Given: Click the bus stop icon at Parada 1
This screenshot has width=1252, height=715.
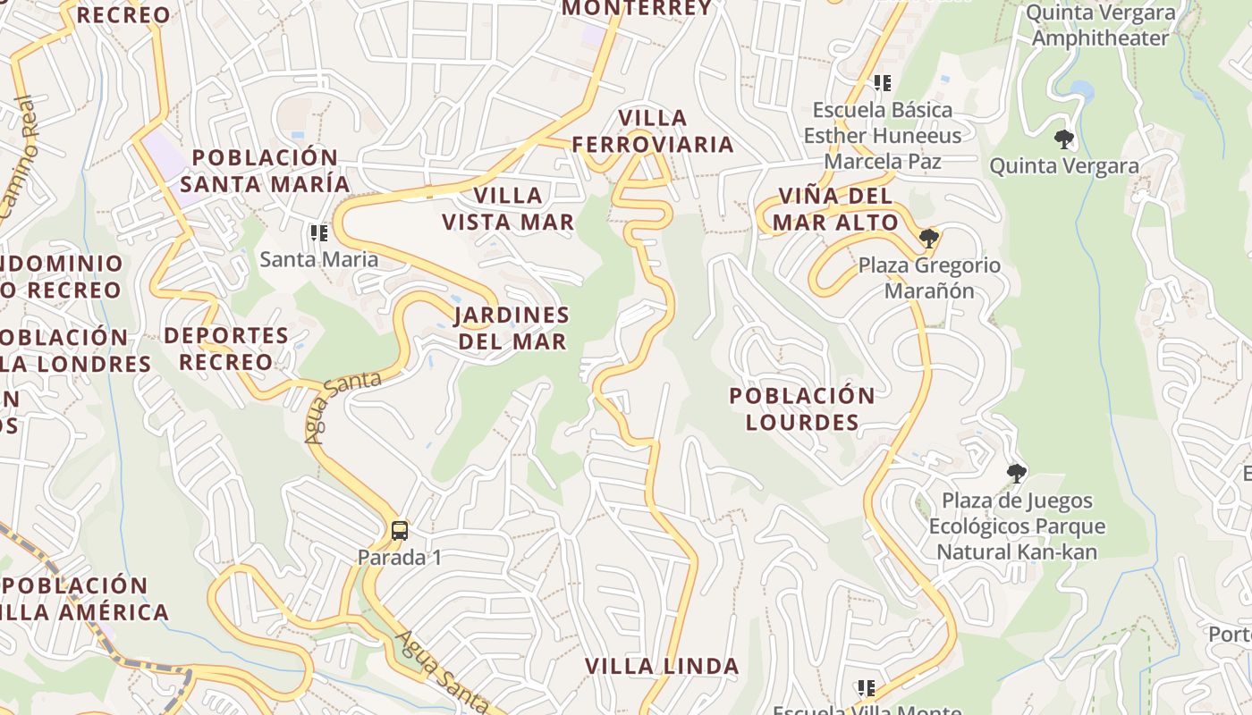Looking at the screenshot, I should coord(400,531).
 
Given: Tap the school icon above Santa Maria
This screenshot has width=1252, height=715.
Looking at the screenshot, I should coord(318,233).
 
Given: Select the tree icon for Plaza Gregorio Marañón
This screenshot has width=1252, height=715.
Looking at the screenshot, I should coord(929,238).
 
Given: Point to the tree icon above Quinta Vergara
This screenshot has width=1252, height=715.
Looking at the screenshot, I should coord(1063,139).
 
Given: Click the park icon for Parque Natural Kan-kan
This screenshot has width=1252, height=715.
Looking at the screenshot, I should coord(1016,473).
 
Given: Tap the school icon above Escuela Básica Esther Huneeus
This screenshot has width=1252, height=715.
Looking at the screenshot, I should coord(883,83).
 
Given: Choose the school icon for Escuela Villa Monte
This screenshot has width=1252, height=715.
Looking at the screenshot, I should coord(866,687).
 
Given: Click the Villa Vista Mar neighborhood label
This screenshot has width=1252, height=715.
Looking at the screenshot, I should coord(508,208).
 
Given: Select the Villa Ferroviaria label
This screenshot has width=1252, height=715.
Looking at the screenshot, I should coord(653,130).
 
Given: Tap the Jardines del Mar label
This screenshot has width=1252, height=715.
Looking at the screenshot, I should coord(512,328).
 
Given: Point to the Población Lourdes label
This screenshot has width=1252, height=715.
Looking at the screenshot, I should coord(802,408).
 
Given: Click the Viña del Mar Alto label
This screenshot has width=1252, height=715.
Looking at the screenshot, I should coord(835,209).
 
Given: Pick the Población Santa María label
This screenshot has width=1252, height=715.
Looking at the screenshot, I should coord(265,171).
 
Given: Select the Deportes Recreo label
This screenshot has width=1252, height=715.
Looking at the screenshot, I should coord(225,349).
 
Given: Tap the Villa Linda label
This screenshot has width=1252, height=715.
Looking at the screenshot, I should coord(662,666).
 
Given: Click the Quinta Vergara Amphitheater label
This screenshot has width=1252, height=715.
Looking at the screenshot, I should coord(1100,25).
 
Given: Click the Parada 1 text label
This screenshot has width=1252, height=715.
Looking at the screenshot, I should coord(400,558).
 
